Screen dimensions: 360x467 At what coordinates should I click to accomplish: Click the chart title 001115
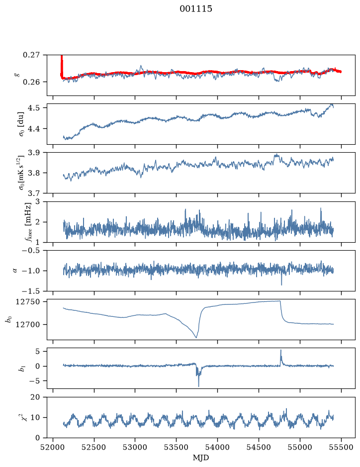[195, 9]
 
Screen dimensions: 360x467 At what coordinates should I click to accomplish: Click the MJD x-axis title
[201, 458]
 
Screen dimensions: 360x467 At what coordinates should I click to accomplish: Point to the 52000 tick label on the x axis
[53, 447]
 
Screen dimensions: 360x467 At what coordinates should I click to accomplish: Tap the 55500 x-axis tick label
[341, 447]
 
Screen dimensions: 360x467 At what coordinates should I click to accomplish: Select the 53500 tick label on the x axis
[177, 447]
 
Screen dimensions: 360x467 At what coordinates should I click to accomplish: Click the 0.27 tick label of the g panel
[31, 55]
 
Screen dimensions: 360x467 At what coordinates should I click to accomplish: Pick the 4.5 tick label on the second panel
[33, 107]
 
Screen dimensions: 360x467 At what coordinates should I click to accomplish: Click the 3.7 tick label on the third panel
[33, 193]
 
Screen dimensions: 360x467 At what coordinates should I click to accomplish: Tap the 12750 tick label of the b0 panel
[27, 302]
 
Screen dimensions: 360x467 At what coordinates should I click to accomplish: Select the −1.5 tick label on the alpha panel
[31, 291]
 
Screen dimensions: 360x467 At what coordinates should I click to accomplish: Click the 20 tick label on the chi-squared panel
[35, 397]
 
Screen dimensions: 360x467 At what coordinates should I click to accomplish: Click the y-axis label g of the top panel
[16, 75]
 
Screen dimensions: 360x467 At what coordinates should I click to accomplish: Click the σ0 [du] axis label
[22, 124]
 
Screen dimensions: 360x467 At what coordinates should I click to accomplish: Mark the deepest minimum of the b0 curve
[196, 337]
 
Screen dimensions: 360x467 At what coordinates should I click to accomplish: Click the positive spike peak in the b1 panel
[280, 350]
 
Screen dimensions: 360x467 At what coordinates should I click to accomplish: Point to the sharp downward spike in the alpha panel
[281, 285]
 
